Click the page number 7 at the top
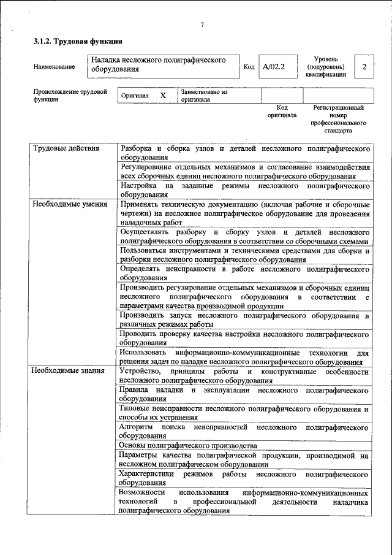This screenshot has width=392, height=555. pos(202,25)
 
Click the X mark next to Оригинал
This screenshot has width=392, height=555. pos(163,96)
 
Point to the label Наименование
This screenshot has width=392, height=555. pos(55,66)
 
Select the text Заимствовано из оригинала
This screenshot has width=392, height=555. pos(204,96)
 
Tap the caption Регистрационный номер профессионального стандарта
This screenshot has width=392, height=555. pos(337,119)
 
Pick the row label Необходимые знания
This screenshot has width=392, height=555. pos(69,372)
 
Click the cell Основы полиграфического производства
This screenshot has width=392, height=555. pos(188,445)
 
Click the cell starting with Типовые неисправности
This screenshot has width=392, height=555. pos(244,413)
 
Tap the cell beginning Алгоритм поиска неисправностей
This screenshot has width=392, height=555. pos(244,430)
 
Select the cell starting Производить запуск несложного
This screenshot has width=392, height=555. pos(244,320)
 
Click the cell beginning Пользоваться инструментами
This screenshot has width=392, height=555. pos(244,255)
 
